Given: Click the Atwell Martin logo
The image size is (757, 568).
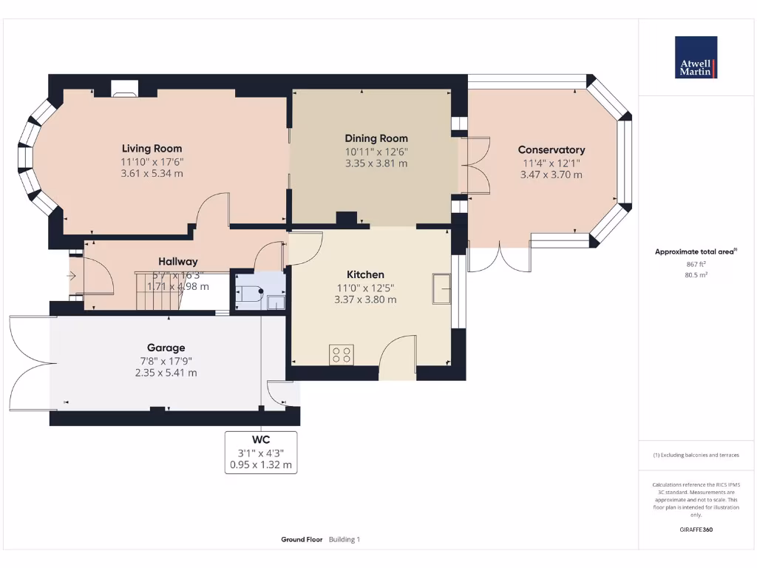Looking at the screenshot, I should tap(696, 57).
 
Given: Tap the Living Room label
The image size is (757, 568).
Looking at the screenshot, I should tap(152, 149).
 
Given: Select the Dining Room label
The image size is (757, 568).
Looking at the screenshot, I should tap(376, 138).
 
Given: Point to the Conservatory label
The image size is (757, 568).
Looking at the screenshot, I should tap(551, 150).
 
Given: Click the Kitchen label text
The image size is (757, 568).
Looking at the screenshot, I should tap(366, 274).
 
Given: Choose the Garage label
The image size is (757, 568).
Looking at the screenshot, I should tap(166, 348).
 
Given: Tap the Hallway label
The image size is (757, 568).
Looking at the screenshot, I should tap(178, 261).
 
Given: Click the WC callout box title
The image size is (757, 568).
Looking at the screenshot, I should tap(261, 439).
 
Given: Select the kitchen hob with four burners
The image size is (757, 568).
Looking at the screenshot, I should tap(342, 354).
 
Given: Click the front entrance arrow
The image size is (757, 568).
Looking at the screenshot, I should tap(72, 277).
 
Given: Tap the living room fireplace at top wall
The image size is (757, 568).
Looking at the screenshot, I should tap(124, 88).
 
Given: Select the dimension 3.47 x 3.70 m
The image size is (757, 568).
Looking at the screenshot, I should tap(551, 175).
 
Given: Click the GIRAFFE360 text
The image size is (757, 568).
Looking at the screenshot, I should tap(696, 530).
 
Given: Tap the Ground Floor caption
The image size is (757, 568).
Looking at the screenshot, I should tap(302, 540).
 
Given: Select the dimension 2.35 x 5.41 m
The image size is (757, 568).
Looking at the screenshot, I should tap(160, 373).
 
